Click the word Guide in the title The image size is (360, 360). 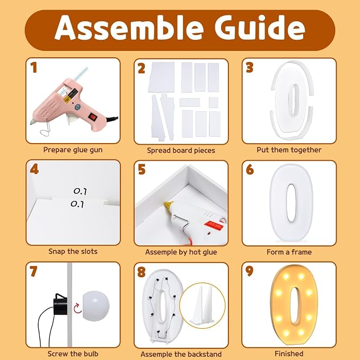tap(260, 28)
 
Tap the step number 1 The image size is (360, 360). tap(34, 68)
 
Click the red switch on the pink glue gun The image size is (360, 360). tap(93, 117)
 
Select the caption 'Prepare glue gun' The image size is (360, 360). tap(73, 150)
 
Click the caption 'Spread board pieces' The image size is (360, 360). tap(181, 151)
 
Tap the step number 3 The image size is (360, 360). tap(249, 68)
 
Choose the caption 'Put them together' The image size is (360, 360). tap(289, 150)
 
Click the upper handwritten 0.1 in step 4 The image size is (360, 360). tap(81, 191)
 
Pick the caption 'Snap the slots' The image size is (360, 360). tap(73, 251)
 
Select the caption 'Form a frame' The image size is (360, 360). tap(289, 252)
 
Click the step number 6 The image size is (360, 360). tap(250, 170)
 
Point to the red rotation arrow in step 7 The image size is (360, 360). tap(77, 308)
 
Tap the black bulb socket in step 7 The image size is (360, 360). tap(60, 303)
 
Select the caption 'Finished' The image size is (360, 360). tap(289, 354)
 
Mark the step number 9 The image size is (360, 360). tap(250, 271)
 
